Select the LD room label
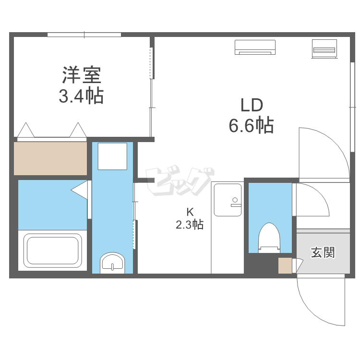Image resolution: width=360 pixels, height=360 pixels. pyautogui.click(x=251, y=105)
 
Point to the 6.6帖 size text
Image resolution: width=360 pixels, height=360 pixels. pyautogui.click(x=251, y=125)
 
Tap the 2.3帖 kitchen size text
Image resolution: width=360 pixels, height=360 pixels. pyautogui.click(x=190, y=224)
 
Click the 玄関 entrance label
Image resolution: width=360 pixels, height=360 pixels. pyautogui.click(x=323, y=252)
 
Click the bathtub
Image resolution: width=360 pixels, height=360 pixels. pyautogui.click(x=52, y=250)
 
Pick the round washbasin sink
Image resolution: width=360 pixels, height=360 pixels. pyautogui.click(x=112, y=264)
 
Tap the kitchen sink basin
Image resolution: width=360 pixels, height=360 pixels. pyautogui.click(x=228, y=200)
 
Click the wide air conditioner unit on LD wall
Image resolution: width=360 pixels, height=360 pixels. pyautogui.click(x=255, y=47)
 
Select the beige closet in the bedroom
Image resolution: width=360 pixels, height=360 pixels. pyautogui.click(x=50, y=158)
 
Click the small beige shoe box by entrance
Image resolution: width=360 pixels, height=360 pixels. pyautogui.click(x=285, y=265)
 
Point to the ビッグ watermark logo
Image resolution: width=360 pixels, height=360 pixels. pyautogui.click(x=180, y=182)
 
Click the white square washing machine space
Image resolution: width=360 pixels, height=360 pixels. pyautogui.click(x=112, y=156)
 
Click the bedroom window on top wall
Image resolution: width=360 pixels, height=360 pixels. pyautogui.click(x=84, y=34)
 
